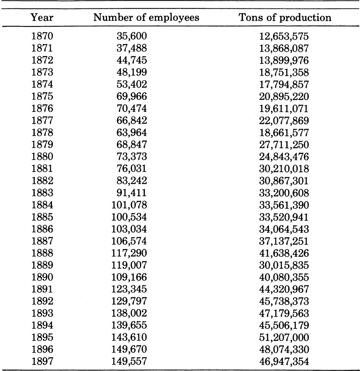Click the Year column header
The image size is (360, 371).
[42, 18]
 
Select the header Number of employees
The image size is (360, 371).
[146, 18]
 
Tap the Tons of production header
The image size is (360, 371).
[285, 18]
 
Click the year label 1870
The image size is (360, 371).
[42, 36]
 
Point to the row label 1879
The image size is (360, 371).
[42, 145]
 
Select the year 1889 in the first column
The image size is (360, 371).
[42, 265]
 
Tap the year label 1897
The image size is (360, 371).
[42, 361]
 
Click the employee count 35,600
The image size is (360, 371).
[132, 36]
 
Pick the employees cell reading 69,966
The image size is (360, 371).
[132, 96]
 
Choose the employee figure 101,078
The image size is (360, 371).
[129, 205]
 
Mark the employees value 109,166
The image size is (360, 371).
[129, 277]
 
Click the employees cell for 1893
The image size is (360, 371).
[129, 313]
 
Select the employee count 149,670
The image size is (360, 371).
[129, 349]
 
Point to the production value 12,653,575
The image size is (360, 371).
[284, 36]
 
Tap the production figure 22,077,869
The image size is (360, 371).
[284, 120]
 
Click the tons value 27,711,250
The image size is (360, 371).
[284, 145]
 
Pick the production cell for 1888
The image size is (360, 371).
[284, 253]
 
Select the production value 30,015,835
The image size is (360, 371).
[284, 265]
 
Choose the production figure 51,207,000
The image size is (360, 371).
[284, 337]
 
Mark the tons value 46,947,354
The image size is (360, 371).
[284, 361]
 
